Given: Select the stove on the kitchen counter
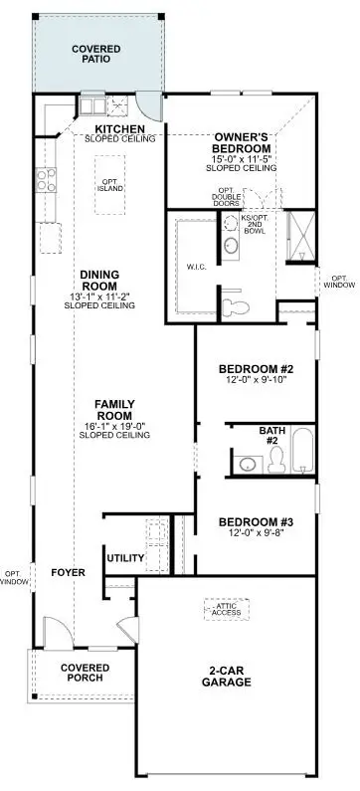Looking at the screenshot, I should coord(46,179).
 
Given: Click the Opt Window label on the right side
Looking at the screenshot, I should coord(338,282).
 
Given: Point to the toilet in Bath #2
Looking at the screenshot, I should coord(275,459).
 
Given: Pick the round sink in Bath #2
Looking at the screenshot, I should coord(247,463).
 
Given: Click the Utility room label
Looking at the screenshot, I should coord(125,557).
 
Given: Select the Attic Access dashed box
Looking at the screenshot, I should coord(226,608).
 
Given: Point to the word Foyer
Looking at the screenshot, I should coord(68,573).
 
